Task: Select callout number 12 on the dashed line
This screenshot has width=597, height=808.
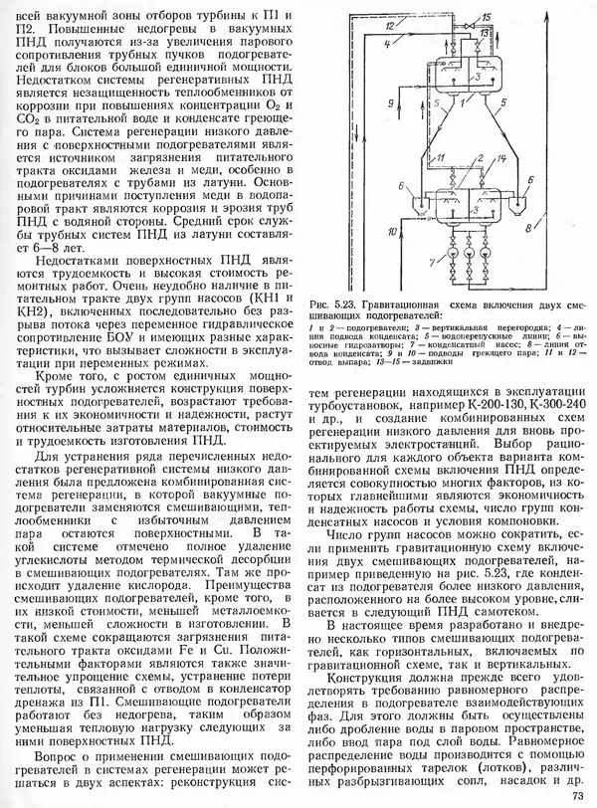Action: [x=388, y=33]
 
